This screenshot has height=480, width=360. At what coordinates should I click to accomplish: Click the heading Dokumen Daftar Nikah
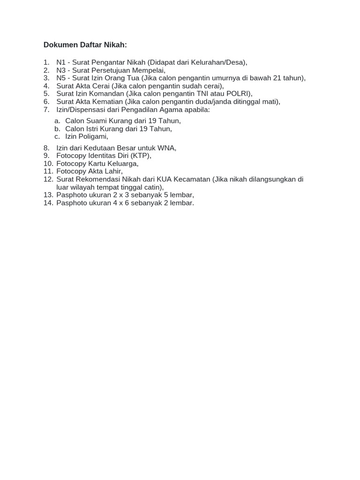[x=85, y=45]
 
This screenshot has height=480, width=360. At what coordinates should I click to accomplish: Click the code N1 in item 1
[x=61, y=62]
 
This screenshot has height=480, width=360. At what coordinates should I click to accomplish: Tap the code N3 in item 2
[x=61, y=70]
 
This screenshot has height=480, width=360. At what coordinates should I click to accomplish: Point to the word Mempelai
[x=146, y=70]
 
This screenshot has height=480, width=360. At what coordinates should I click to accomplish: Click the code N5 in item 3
[x=61, y=78]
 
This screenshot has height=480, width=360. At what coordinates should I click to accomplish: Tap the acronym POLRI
[x=239, y=94]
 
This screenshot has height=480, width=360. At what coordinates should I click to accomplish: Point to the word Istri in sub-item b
[x=94, y=128]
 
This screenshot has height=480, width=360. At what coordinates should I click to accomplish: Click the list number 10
[x=48, y=164]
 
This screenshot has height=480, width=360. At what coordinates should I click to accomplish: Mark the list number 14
[x=48, y=203]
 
